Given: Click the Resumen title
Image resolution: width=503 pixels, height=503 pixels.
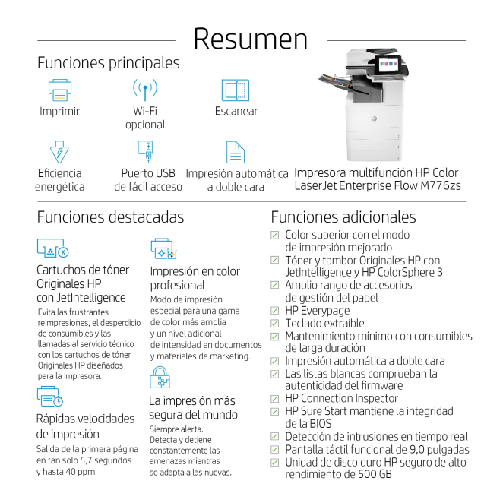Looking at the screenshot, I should click(251, 40).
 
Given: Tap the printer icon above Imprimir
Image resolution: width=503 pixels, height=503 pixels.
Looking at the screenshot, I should click(59, 90).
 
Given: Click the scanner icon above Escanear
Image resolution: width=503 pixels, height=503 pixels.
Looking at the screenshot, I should click(236, 90).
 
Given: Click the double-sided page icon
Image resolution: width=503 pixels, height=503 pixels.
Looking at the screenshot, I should click(236, 151).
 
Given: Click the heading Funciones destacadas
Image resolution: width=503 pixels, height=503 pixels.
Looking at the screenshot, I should click(110, 217).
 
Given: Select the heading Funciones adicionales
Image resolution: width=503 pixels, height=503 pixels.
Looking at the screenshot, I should click(343, 217).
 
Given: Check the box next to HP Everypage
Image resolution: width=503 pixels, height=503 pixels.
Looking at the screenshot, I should click(275, 311).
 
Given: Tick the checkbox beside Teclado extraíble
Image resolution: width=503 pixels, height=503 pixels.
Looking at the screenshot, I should click(275, 324).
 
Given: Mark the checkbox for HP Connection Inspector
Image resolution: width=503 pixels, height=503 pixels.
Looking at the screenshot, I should click(275, 399).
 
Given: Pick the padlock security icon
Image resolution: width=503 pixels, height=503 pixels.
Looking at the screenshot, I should click(160, 377).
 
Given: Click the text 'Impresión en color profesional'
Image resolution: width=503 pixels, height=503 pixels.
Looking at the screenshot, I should click(195, 278).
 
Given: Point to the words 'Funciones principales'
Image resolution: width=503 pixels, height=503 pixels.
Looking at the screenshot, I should click(109, 63).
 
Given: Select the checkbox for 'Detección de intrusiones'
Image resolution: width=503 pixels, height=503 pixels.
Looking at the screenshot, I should click(275, 437).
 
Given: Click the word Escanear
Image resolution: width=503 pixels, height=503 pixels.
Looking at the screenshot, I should click(236, 112).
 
